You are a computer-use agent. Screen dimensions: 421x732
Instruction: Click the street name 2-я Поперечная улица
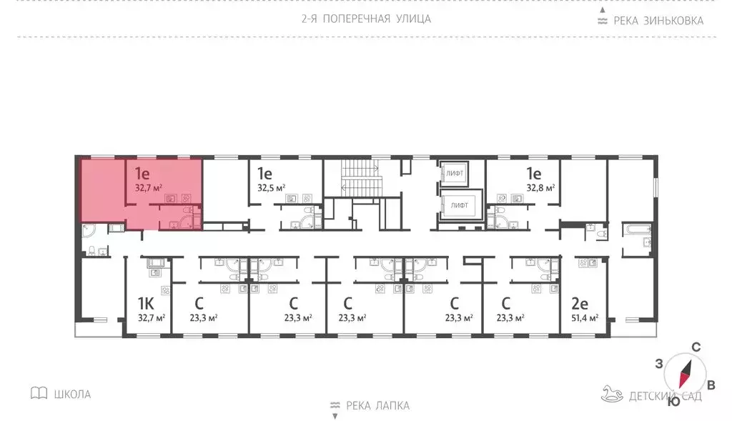click(366, 19)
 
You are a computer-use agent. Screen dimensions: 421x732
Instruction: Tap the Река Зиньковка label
click(656, 20)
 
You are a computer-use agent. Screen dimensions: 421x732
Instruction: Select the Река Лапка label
click(377, 405)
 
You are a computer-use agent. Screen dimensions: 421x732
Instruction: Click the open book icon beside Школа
click(39, 393)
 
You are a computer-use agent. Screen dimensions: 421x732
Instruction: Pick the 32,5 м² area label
click(272, 189)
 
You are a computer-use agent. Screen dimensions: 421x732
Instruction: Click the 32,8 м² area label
click(540, 189)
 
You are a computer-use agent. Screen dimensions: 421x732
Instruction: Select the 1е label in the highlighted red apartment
click(142, 173)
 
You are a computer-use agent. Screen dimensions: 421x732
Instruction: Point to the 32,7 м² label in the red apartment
click(149, 189)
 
